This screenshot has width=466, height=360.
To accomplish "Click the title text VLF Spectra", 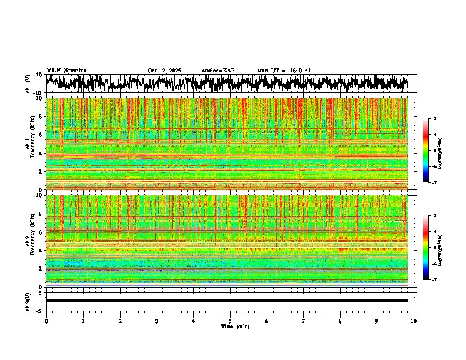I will [66, 70].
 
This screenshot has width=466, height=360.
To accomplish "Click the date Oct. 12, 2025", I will [164, 71].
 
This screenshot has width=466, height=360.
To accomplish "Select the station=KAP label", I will [218, 71].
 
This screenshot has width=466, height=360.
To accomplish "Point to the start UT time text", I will [284, 71].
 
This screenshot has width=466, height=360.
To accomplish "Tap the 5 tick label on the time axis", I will [230, 321].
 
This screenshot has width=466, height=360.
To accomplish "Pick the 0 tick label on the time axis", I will [46, 321].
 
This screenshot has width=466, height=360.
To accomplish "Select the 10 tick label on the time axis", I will [414, 321].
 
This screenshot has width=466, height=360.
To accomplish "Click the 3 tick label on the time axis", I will [157, 321].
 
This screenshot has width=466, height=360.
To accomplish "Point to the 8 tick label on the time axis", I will [340, 321].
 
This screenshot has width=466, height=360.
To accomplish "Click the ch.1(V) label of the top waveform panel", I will [28, 84].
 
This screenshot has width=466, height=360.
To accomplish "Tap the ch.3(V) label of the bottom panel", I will [28, 301].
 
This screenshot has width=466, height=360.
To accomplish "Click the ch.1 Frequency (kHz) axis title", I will [29, 144].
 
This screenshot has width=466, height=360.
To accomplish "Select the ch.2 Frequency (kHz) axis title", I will [29, 241].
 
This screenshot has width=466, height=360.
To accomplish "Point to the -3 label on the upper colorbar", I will [434, 119].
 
